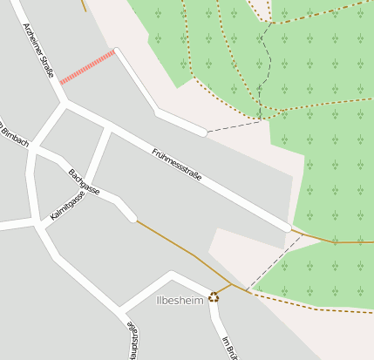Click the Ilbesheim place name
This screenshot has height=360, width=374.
coord(179,300)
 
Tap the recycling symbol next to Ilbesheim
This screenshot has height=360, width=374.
coord(214,296)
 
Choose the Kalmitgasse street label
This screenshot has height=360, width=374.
coord(66,206)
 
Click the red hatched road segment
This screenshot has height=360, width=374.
coord(87,67)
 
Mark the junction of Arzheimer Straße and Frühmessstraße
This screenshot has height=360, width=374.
coord(65,103)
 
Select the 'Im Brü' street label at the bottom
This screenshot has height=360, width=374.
coord(229,348)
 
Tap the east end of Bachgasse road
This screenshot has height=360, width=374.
coord(133,218)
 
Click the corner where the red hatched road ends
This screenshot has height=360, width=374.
coord(116,51)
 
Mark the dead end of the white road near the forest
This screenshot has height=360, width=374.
coord(203,132)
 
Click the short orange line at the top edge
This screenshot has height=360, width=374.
coord(84,4)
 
